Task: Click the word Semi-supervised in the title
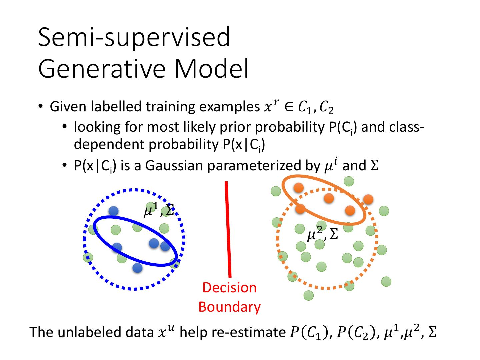click(x=134, y=37)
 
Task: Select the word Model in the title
click(x=211, y=69)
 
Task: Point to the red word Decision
click(x=229, y=288)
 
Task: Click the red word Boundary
click(x=229, y=307)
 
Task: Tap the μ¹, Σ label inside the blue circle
click(x=159, y=210)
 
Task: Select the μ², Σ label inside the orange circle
click(x=322, y=234)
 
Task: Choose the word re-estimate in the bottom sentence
click(x=247, y=332)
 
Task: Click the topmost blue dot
click(x=114, y=211)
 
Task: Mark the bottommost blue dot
click(x=137, y=268)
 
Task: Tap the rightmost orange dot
click(x=368, y=199)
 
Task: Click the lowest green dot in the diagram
click(x=309, y=295)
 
